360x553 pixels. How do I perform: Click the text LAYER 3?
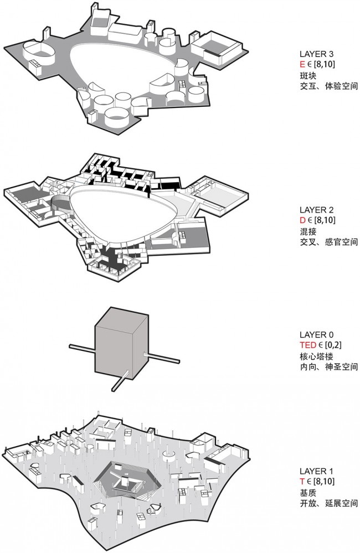316,54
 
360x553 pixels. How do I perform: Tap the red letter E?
302,64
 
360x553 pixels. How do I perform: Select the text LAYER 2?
316,210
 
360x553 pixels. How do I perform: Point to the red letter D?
302,220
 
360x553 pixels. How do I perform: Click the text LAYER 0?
316,335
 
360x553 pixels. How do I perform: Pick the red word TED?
308,345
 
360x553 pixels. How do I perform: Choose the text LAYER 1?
316,471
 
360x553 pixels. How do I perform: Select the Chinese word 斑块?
308,75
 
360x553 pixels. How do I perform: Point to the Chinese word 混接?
308,231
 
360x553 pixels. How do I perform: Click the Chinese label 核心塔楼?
316,356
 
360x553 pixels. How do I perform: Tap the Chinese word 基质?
308,493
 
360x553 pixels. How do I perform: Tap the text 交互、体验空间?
328,86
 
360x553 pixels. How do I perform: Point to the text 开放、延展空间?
328,503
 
